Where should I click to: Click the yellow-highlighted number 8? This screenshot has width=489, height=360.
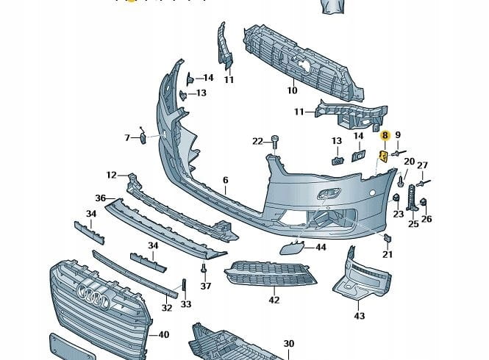pyautogui.click(x=384, y=135)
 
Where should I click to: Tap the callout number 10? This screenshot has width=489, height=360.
pyautogui.click(x=292, y=91)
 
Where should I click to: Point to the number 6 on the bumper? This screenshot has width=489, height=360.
pyautogui.click(x=226, y=180)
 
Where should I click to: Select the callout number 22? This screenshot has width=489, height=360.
pyautogui.click(x=257, y=141)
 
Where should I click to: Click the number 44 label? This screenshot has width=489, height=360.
pyautogui.click(x=321, y=247)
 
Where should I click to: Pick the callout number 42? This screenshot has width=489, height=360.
pyautogui.click(x=274, y=300)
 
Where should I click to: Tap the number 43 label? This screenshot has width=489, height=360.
pyautogui.click(x=359, y=316)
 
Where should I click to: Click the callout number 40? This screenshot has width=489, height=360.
pyautogui.click(x=163, y=335)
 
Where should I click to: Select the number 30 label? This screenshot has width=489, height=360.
pyautogui.click(x=289, y=344)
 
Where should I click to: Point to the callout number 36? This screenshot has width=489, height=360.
pyautogui.click(x=101, y=198)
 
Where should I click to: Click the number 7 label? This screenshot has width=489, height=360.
pyautogui.click(x=126, y=137)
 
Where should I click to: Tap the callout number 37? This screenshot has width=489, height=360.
pyautogui.click(x=206, y=287)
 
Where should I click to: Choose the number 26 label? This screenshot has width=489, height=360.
pyautogui.click(x=426, y=218)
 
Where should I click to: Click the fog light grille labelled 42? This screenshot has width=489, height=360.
pyautogui.click(x=270, y=273)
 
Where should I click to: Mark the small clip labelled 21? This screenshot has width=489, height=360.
pyautogui.click(x=386, y=237)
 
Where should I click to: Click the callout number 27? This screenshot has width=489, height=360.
pyautogui.click(x=422, y=165)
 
